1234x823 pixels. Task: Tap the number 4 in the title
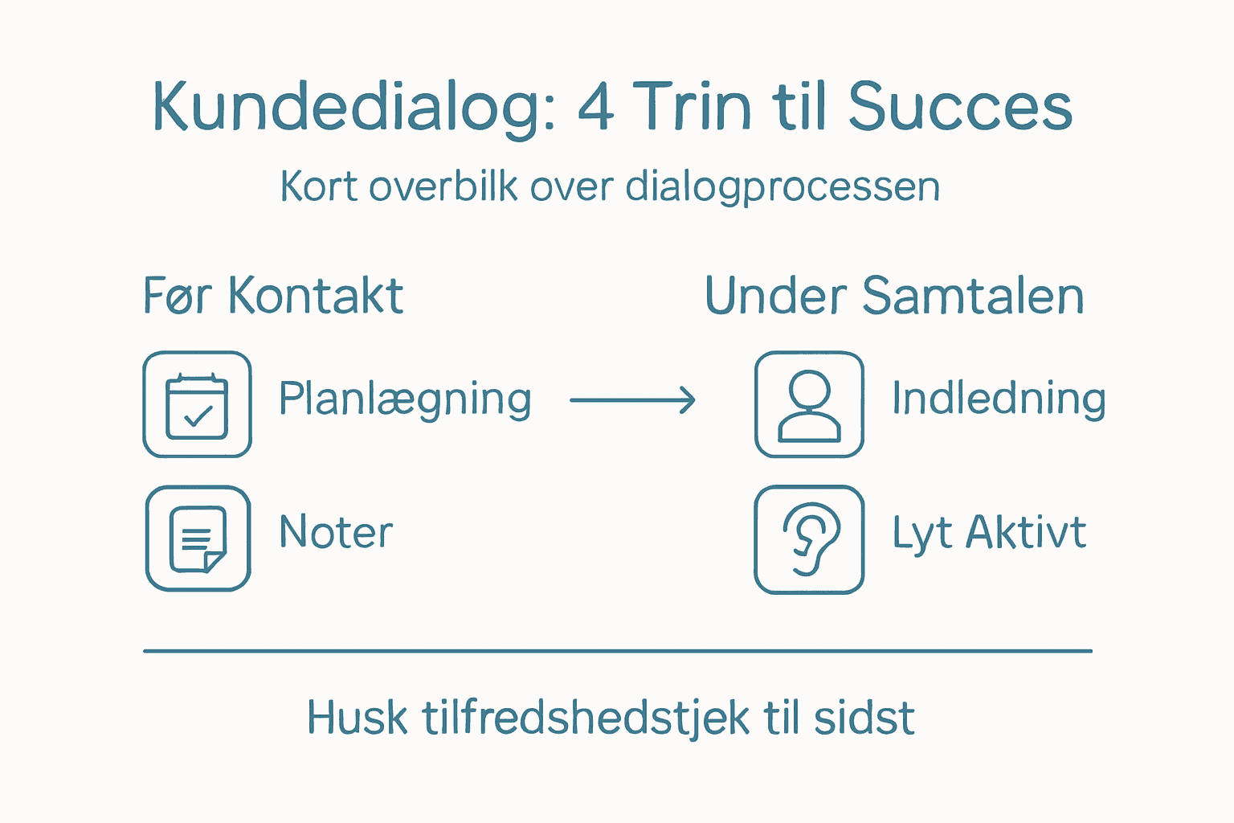[x=595, y=108]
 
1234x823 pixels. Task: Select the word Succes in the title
[x=960, y=108]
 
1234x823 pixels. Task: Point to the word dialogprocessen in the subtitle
[x=782, y=188]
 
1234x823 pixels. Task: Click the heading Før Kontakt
[x=273, y=296]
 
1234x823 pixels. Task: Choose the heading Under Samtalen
[x=894, y=296]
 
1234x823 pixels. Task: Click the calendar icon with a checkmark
[x=197, y=405]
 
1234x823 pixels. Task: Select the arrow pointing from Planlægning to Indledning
[x=632, y=399]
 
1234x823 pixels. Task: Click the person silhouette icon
[x=809, y=405]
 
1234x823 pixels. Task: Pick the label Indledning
[x=999, y=399]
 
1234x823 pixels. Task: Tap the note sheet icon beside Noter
[x=198, y=538]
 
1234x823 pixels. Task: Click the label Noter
[x=336, y=532]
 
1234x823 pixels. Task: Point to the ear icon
[x=809, y=539]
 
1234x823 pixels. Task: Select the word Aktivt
[x=1026, y=532]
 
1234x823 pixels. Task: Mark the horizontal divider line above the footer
[x=617, y=651]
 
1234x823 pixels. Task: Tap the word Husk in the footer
[x=357, y=718]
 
